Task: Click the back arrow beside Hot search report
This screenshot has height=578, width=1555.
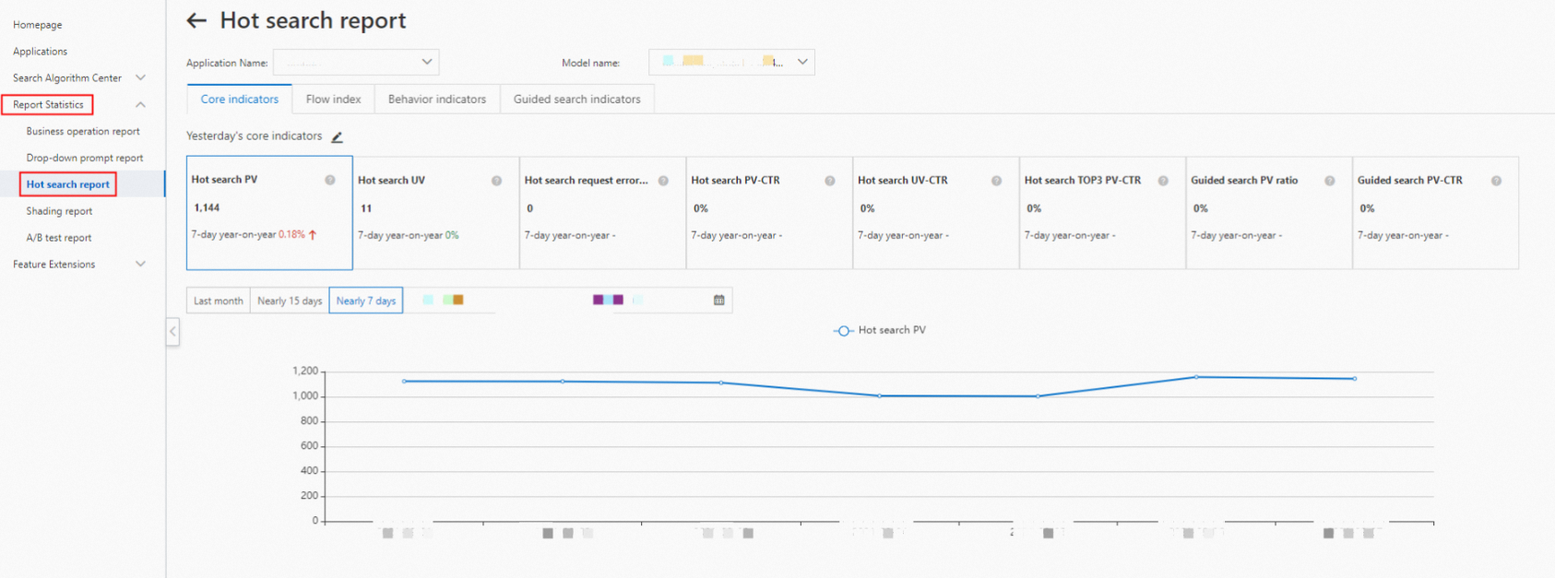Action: pyautogui.click(x=196, y=20)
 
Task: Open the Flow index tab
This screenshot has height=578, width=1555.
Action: pyautogui.click(x=333, y=99)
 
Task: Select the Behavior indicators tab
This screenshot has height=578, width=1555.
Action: pyautogui.click(x=436, y=99)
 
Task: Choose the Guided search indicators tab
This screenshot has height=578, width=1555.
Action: pyautogui.click(x=576, y=99)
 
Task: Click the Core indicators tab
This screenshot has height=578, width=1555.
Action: pyautogui.click(x=239, y=99)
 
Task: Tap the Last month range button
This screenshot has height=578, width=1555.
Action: pyautogui.click(x=218, y=301)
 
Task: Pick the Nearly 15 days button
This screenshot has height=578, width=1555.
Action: pyautogui.click(x=290, y=301)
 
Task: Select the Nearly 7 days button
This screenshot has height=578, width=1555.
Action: pyautogui.click(x=365, y=301)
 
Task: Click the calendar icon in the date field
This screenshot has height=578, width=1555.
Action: pyautogui.click(x=719, y=300)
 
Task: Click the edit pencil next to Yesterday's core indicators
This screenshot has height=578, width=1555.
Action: pyautogui.click(x=338, y=136)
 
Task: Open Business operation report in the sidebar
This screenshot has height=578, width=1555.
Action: pyautogui.click(x=83, y=131)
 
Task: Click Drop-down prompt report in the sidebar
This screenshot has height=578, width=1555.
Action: pyautogui.click(x=84, y=158)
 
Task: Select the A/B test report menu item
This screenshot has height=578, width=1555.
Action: pyautogui.click(x=58, y=238)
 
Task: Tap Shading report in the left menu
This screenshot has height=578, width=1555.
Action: pyautogui.click(x=59, y=211)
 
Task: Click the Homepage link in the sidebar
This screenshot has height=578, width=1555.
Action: pyautogui.click(x=37, y=25)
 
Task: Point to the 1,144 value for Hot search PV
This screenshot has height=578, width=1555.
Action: pyautogui.click(x=207, y=207)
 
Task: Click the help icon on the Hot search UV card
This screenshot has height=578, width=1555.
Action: pyautogui.click(x=496, y=181)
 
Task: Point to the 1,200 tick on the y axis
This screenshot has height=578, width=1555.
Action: pyautogui.click(x=304, y=371)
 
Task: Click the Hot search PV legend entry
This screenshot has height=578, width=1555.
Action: pyautogui.click(x=880, y=330)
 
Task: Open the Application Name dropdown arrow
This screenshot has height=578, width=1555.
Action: pyautogui.click(x=427, y=62)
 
